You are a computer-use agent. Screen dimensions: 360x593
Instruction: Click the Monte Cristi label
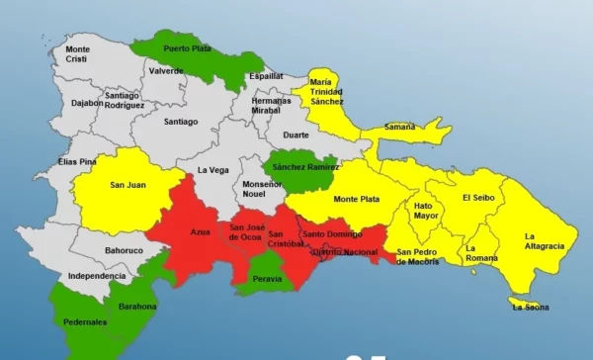click(x=78, y=54)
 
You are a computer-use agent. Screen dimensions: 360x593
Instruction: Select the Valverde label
click(x=167, y=71)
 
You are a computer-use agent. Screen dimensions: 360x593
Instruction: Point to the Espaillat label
click(x=266, y=75)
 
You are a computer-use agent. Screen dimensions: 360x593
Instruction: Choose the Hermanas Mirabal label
click(x=271, y=106)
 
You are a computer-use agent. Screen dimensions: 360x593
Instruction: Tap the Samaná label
click(x=372, y=128)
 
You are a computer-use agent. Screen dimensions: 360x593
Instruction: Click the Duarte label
click(x=296, y=135)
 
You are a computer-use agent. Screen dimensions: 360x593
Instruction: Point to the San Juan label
click(x=127, y=184)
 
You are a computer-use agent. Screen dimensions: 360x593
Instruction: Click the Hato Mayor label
click(x=426, y=211)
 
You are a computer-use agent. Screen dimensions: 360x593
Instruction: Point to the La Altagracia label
click(x=544, y=240)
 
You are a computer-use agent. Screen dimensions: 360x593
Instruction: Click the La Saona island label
click(x=530, y=307)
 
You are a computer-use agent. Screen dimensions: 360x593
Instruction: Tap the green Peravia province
click(x=267, y=275)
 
